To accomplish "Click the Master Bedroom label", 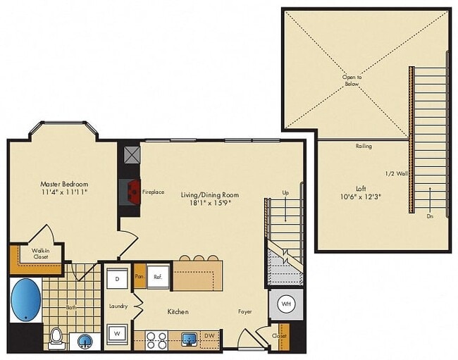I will [63, 184].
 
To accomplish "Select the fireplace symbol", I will [131, 191].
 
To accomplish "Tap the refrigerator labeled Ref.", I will [158, 277].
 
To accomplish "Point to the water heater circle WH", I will [286, 304].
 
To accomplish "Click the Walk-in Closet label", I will [39, 254].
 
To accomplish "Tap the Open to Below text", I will [351, 80].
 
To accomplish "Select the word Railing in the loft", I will [364, 146].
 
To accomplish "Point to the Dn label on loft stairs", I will [430, 217].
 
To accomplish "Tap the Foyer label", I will [245, 311].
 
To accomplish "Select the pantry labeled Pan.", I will [140, 277].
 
